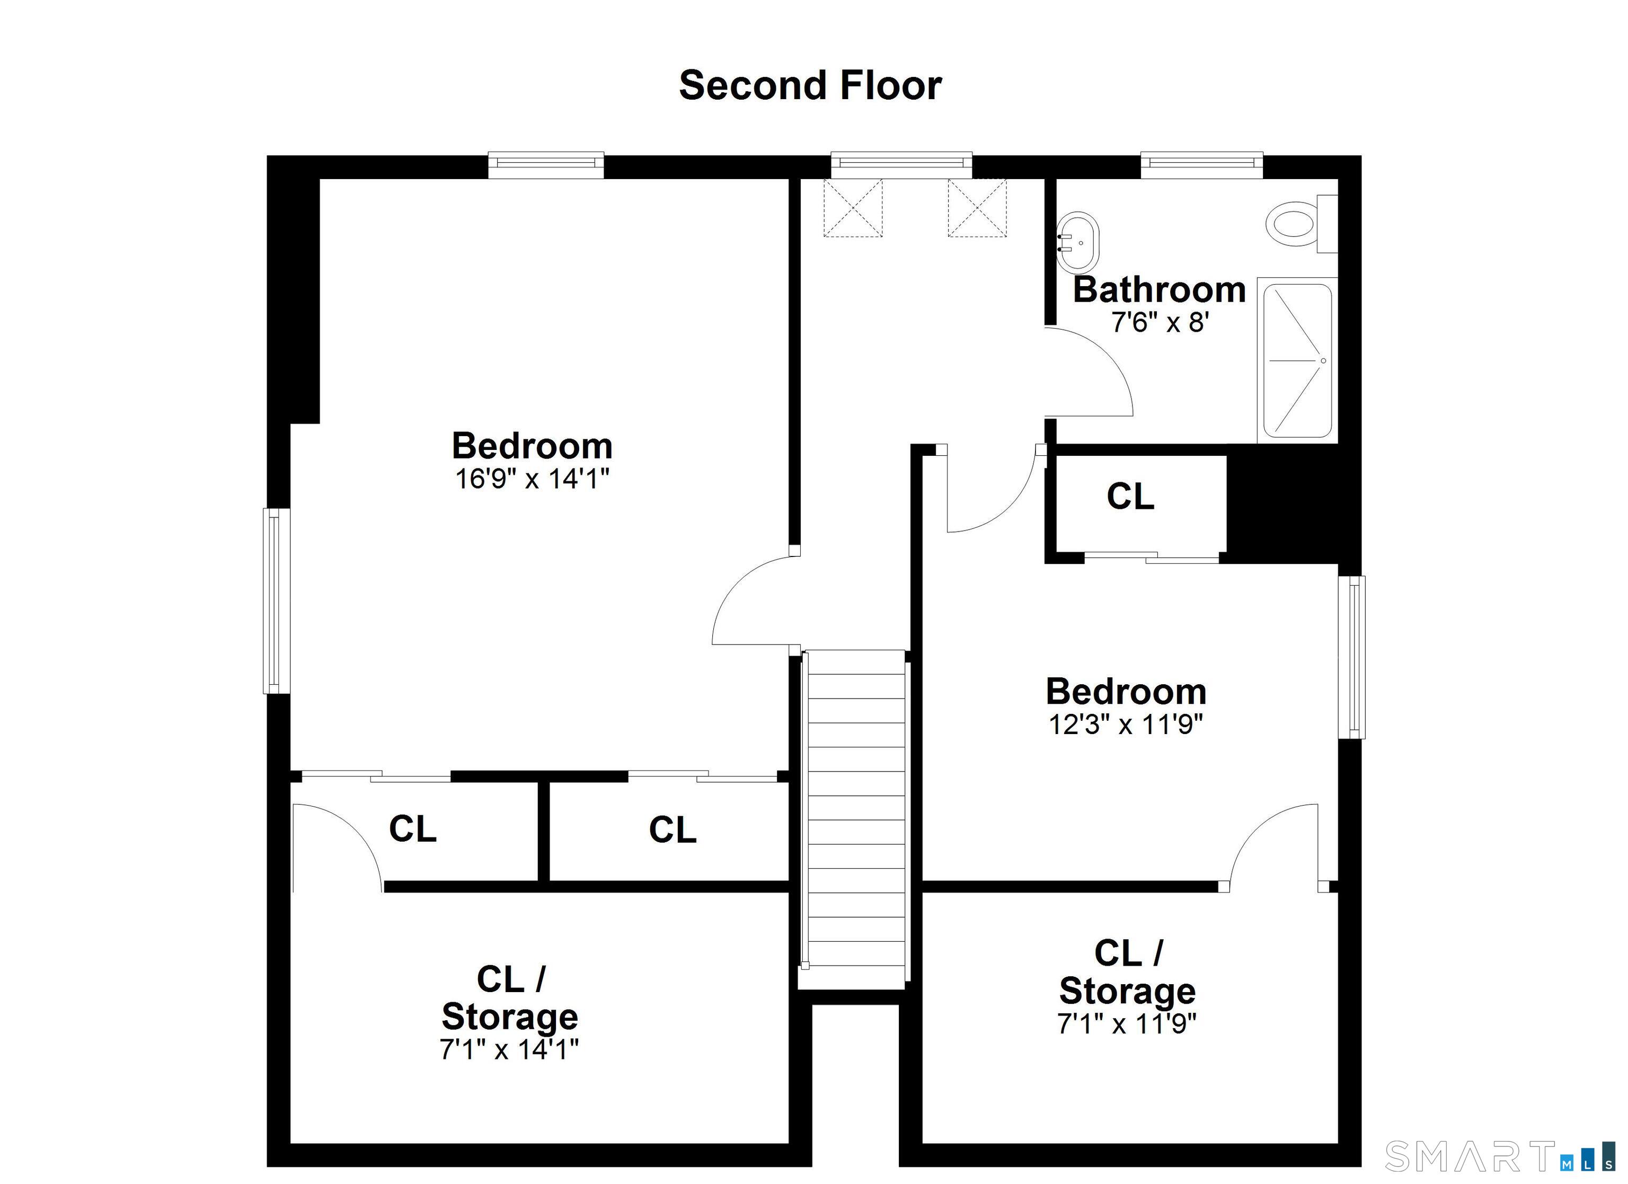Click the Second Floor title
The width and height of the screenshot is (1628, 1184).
click(810, 85)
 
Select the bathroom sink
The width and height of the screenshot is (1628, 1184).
click(1077, 242)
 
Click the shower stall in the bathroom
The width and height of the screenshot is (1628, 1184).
click(1298, 360)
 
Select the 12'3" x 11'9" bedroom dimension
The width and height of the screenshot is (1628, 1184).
click(1126, 724)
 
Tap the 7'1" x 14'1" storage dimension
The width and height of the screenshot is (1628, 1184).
click(509, 1050)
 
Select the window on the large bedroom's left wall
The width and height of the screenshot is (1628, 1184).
click(276, 601)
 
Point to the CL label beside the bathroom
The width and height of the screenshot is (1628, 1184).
click(1130, 496)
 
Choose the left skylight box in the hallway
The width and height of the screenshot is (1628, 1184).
click(853, 208)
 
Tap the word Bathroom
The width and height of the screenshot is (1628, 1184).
click(1160, 289)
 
